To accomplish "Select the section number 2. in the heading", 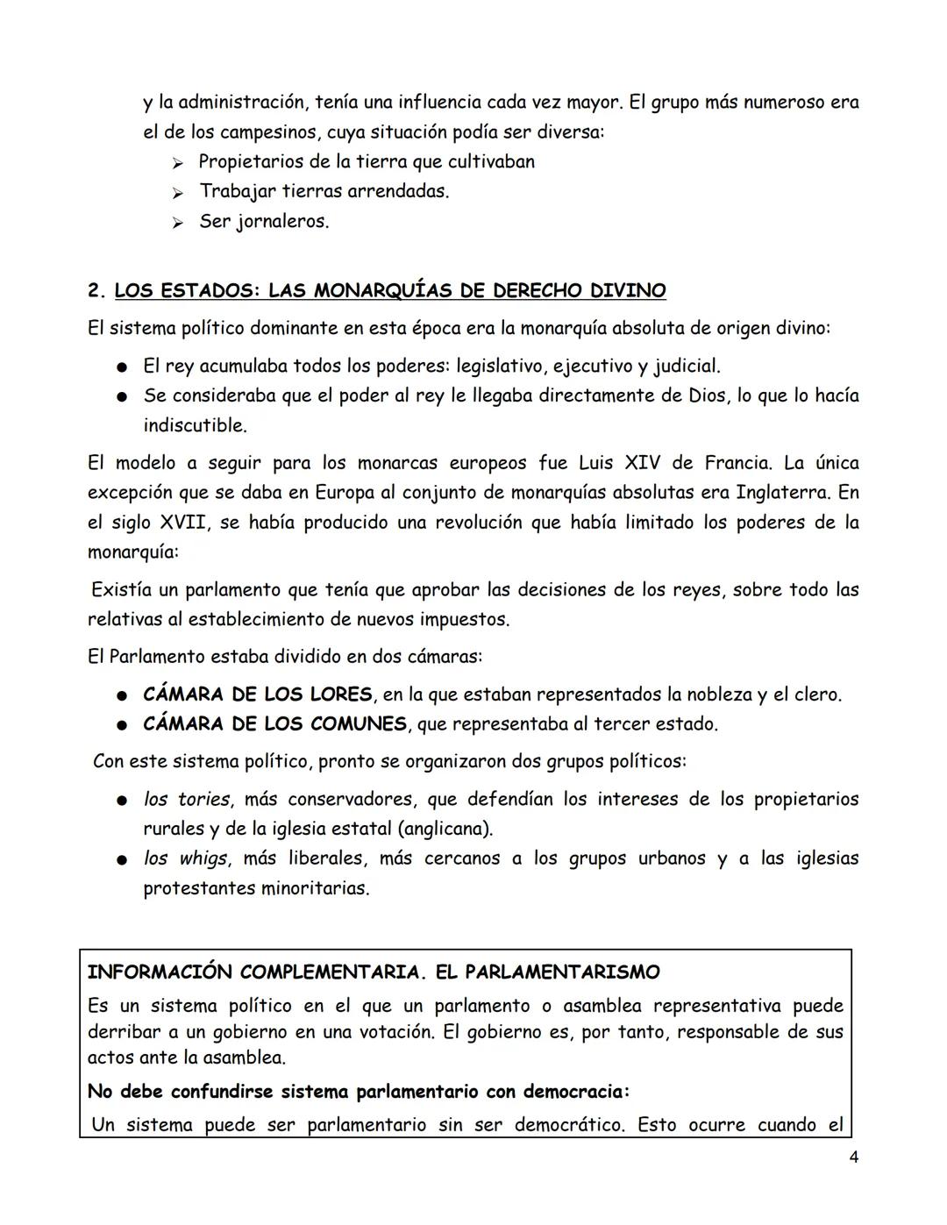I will pos(96,290).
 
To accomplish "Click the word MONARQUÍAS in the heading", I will pos(388,290).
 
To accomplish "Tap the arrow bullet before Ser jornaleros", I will pos(177,223).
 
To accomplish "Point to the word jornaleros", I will pos(281,221).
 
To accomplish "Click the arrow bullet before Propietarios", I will pos(177,163).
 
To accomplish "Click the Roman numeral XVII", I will pos(183,523).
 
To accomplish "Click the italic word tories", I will pos(203,799).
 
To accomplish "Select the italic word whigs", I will pos(203,858).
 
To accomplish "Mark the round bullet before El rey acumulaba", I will pos(125,367).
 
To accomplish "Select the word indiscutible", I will pos(195,425).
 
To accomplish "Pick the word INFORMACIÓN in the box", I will pos(160,972).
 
